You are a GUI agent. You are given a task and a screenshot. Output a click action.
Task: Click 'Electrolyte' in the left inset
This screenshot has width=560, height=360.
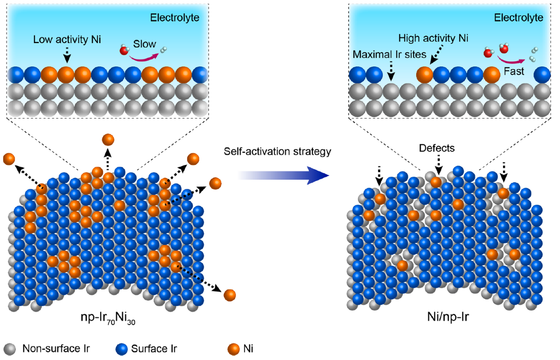coord(174,17)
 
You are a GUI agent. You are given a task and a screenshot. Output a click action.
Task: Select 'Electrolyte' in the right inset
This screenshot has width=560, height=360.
coord(518,17)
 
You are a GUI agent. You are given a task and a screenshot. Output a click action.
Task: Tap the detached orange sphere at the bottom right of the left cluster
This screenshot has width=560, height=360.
coord(229,295)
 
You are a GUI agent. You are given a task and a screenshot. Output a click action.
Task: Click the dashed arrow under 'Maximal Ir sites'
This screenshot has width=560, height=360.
coord(392,72)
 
